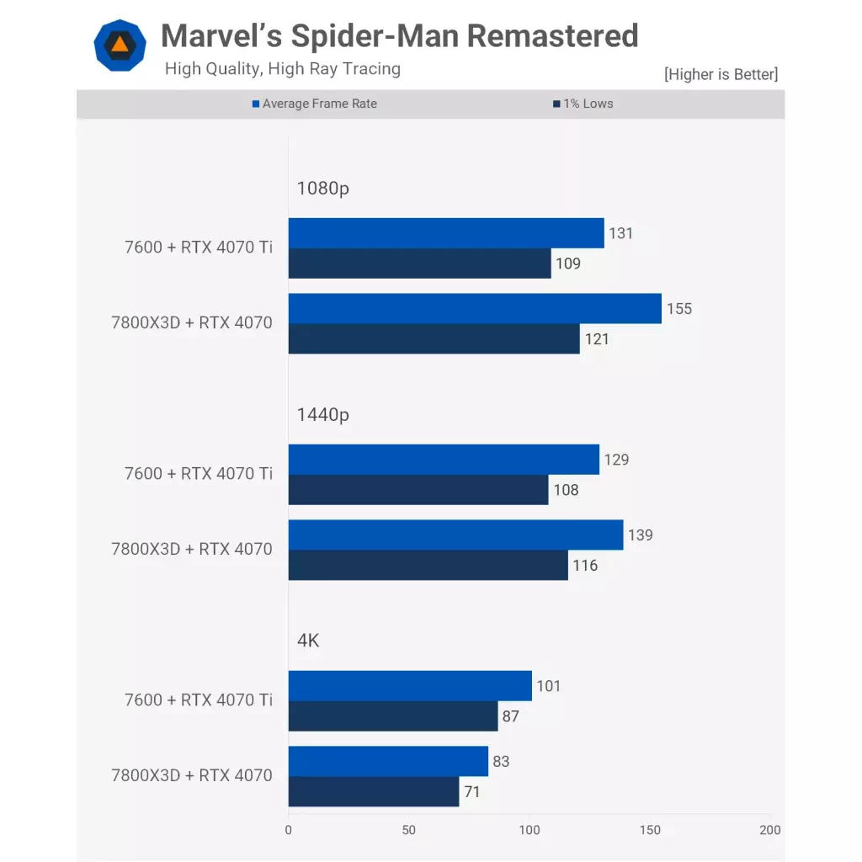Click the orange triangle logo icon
(120, 45)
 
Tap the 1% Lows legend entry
(583, 104)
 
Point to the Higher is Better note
(721, 74)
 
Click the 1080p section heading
(322, 189)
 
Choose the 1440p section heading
(322, 414)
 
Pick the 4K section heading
(308, 641)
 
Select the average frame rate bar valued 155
(475, 309)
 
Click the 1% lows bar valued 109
(419, 263)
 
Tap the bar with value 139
(455, 535)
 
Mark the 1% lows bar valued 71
(374, 792)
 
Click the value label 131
(620, 233)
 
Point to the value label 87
(510, 717)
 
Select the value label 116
(585, 566)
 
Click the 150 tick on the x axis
(650, 831)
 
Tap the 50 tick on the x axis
(409, 831)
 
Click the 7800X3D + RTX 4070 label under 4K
(192, 775)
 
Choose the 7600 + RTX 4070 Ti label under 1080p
(199, 247)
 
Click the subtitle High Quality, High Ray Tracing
(282, 69)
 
